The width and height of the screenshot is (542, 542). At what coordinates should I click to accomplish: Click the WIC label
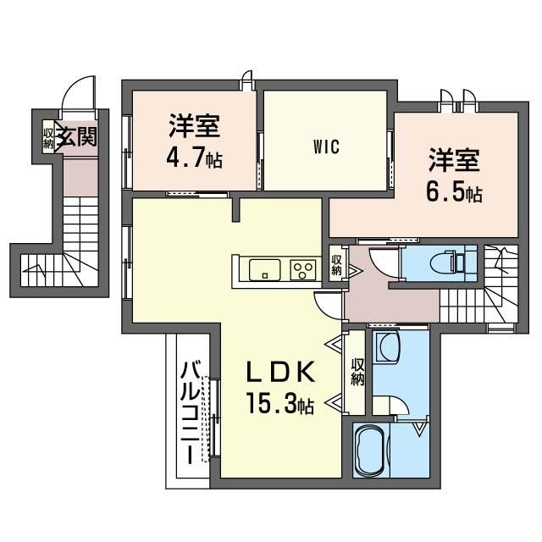point(326,147)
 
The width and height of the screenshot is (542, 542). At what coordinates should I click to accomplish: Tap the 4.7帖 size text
point(194,158)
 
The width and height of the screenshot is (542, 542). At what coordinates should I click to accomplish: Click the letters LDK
point(280,371)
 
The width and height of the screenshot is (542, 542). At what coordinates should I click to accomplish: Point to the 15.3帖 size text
point(280,403)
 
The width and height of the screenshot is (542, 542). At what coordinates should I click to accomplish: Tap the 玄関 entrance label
point(76,135)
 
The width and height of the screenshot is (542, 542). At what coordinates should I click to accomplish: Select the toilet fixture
point(449,264)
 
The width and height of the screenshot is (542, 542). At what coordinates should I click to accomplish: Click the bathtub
point(371,450)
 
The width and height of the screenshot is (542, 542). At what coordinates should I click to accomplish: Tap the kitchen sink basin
point(264,269)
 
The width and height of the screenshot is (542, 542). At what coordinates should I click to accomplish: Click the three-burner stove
point(303,269)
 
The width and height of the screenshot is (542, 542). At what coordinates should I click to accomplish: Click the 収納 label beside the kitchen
point(336,265)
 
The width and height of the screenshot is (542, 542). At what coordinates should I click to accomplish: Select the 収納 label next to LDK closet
point(357,372)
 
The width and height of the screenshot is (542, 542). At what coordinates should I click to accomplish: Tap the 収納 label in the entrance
point(48,138)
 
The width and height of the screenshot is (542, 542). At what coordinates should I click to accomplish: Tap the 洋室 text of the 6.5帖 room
point(454,160)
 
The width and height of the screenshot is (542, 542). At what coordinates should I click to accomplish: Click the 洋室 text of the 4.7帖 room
point(194,126)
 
